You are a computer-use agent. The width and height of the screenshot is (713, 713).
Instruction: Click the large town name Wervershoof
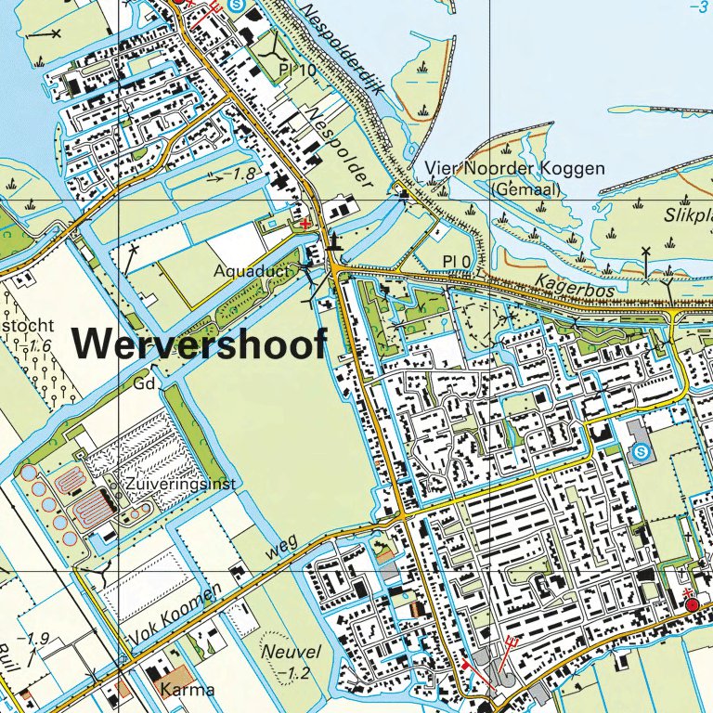pyautogui.click(x=200, y=344)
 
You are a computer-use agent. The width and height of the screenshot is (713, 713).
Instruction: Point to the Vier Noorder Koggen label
pyautogui.click(x=515, y=169)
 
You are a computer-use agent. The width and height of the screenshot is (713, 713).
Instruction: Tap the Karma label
pyautogui.click(x=188, y=690)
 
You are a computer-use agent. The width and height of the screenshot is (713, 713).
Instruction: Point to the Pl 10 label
pyautogui.click(x=296, y=71)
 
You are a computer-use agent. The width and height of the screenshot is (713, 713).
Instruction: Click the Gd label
pyautogui.click(x=142, y=382)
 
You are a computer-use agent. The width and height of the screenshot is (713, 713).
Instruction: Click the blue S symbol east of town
pyautogui.click(x=640, y=452)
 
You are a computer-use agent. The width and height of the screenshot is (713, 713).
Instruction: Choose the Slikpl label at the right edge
pyautogui.click(x=687, y=214)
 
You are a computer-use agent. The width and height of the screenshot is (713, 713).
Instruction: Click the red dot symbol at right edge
pyautogui.click(x=692, y=605)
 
